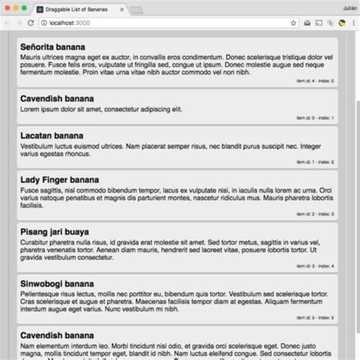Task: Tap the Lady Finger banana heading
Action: point(59,180)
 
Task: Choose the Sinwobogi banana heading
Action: point(58,284)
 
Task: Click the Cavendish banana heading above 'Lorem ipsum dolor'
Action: point(58,99)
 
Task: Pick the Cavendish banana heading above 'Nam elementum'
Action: point(58,335)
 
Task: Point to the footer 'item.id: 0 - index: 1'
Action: point(314,118)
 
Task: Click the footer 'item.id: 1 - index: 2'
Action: point(314,162)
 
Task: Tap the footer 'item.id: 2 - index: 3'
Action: point(314,214)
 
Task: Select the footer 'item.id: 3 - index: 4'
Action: point(314,266)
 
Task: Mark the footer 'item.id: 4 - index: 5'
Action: point(314,317)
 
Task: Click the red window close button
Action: point(7,8)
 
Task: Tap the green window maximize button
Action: point(24,8)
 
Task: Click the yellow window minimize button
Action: point(15,8)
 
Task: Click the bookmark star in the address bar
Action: point(293,24)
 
